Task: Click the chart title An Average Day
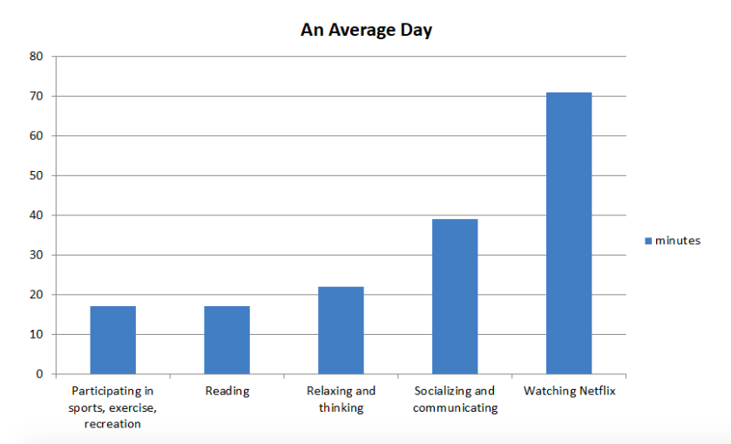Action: (x=366, y=31)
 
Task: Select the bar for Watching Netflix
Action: (x=569, y=233)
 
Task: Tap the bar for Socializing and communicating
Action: (x=455, y=297)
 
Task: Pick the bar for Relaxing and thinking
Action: (x=341, y=330)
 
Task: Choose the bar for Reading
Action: (x=227, y=340)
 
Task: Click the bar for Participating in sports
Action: (x=113, y=340)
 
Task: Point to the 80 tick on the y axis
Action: (x=36, y=57)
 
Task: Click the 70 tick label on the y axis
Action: (x=36, y=96)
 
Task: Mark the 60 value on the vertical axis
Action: (x=36, y=136)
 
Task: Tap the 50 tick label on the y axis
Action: (x=36, y=175)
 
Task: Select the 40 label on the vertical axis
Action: (x=36, y=215)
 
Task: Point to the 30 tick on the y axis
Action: (x=36, y=255)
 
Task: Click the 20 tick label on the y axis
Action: (x=36, y=295)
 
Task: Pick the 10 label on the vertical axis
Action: (x=36, y=334)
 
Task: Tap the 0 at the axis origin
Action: (x=39, y=374)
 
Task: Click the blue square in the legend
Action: (x=647, y=241)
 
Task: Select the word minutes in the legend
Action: (x=677, y=241)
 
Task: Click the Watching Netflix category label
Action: (x=569, y=391)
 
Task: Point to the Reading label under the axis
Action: (x=227, y=391)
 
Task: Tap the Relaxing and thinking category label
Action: (x=341, y=399)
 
